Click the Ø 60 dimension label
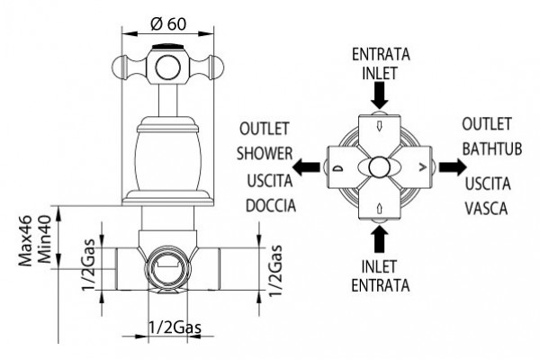168,23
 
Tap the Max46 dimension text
25,241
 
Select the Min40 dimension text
44,239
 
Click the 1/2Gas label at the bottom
175,328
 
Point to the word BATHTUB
491,148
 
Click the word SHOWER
265,153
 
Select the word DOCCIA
271,206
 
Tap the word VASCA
486,209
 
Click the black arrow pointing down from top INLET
380,95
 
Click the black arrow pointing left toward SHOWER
306,167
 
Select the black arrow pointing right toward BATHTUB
453,166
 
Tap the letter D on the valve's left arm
338,168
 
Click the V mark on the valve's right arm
423,167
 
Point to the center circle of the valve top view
379,167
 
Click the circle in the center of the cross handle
167,67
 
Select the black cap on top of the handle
168,47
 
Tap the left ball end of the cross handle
119,67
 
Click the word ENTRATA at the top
381,54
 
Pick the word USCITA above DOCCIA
270,181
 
